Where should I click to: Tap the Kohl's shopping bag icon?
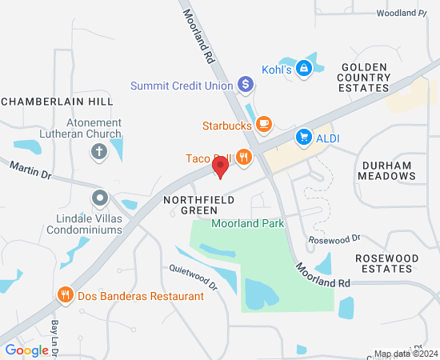[304, 69]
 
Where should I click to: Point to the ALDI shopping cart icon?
[304, 138]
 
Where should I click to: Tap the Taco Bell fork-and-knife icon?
[244, 158]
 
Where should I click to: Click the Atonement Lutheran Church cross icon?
[99, 151]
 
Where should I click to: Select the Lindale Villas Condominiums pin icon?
[99, 197]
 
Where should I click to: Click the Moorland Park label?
[248, 224]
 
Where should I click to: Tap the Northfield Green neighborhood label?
[190, 204]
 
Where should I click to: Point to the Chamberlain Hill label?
[58, 102]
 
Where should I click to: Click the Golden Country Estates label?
[365, 78]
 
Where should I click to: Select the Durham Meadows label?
[386, 170]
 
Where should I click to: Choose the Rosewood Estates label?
[386, 263]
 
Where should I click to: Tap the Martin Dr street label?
[30, 168]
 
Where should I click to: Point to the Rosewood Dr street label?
[335, 238]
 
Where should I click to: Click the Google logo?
[26, 350]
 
